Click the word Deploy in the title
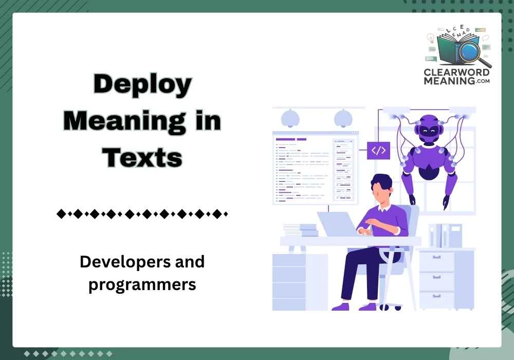click(142, 85)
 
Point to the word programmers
click(142, 284)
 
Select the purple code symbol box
click(378, 150)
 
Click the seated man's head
click(381, 188)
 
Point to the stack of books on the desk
click(300, 230)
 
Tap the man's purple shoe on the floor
click(341, 307)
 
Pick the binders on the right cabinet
click(445, 236)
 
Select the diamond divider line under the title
click(142, 213)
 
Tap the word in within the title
click(208, 121)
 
